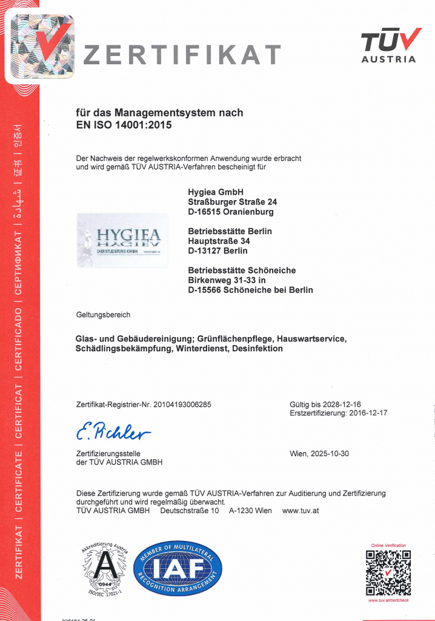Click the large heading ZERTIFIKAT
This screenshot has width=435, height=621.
[182, 55]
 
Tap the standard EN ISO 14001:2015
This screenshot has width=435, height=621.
[124, 126]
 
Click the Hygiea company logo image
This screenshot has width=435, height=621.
[122, 240]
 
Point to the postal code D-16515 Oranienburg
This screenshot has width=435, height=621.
[231, 212]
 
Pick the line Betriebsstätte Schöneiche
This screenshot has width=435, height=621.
[242, 270]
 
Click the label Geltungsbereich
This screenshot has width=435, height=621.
[103, 315]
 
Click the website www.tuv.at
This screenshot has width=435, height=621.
[301, 511]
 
